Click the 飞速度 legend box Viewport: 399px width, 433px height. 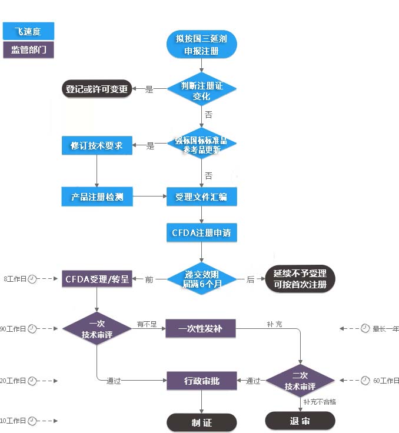click(28, 31)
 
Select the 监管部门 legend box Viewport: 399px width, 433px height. click(28, 49)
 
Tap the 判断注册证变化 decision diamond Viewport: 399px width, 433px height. click(201, 90)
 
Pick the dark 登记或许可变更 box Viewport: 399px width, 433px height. click(97, 89)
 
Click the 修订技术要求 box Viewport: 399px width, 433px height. click(97, 145)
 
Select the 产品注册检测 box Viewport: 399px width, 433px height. click(97, 196)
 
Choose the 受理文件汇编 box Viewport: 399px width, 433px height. click(201, 196)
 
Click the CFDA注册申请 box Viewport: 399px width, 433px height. click(201, 232)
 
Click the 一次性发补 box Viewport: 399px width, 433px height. click(201, 328)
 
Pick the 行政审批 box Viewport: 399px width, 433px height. click(201, 381)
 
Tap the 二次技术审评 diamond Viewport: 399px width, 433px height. click(300, 381)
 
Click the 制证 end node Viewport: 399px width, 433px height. click(201, 422)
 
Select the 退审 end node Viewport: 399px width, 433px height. click(300, 421)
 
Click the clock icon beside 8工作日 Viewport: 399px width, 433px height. click(32, 278)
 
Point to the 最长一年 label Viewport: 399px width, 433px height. click(385, 328)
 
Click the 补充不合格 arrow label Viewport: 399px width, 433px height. click(320, 402)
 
